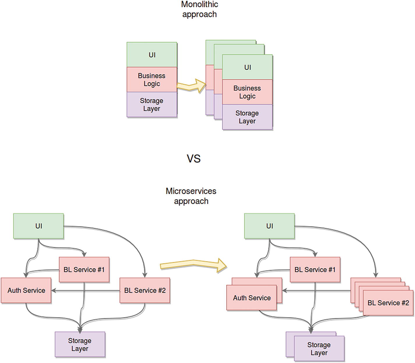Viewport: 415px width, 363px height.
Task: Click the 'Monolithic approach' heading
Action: tap(199, 9)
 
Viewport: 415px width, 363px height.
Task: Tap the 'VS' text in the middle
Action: tap(194, 159)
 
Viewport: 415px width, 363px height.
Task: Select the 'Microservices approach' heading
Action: tap(191, 196)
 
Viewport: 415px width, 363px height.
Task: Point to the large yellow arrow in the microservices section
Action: tap(193, 265)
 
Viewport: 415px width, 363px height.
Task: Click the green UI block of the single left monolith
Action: tap(152, 55)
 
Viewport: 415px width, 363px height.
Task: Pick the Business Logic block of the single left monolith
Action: tap(152, 80)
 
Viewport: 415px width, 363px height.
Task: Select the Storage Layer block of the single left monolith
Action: tap(152, 105)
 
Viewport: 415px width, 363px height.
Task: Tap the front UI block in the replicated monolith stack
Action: tap(247, 67)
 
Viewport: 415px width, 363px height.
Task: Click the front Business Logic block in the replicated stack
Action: tap(247, 92)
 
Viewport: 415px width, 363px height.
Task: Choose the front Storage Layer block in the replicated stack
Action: tap(247, 117)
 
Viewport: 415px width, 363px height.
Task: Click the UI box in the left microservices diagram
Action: tap(38, 226)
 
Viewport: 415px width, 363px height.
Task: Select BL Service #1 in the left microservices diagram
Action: tap(84, 269)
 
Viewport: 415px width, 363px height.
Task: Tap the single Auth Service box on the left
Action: tap(26, 290)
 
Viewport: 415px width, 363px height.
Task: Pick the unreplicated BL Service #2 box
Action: tap(145, 290)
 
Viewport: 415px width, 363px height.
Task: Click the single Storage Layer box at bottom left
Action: tap(80, 344)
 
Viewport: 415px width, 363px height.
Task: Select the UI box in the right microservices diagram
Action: tap(269, 226)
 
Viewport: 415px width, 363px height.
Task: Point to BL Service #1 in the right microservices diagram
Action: tap(315, 269)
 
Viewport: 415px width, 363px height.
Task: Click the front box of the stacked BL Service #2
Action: tap(388, 303)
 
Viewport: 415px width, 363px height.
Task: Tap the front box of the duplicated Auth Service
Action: tap(252, 298)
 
